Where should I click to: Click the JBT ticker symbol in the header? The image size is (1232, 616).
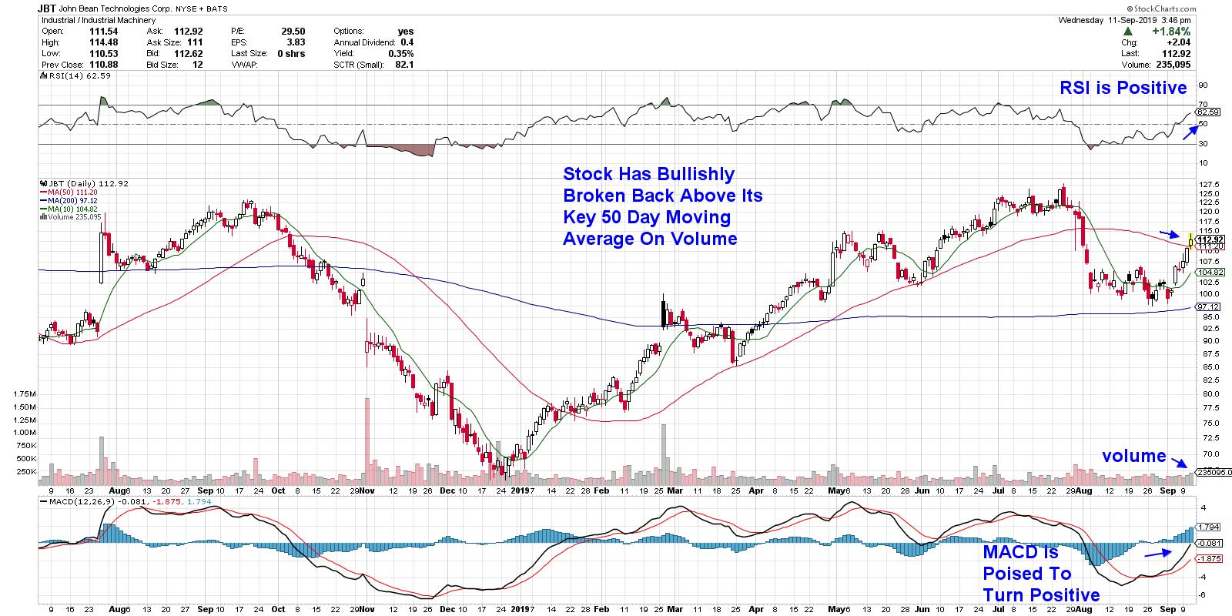(48, 8)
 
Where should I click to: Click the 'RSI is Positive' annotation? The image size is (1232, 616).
(1123, 89)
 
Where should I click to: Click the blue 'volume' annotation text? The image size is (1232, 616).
(1133, 456)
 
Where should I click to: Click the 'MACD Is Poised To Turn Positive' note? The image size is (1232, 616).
(1041, 574)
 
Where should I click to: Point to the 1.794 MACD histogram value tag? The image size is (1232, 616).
(1210, 527)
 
